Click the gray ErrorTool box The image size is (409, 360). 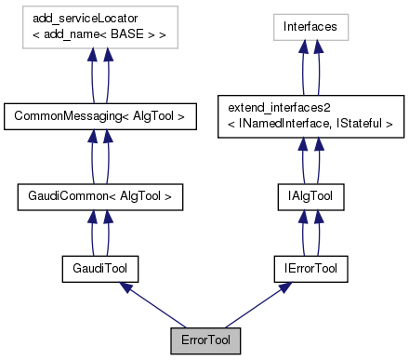point(204,341)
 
